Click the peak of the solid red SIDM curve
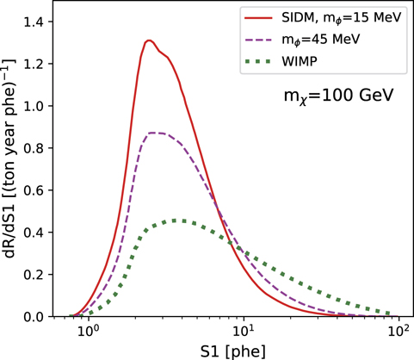(149, 40)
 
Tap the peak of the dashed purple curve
(155, 133)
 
